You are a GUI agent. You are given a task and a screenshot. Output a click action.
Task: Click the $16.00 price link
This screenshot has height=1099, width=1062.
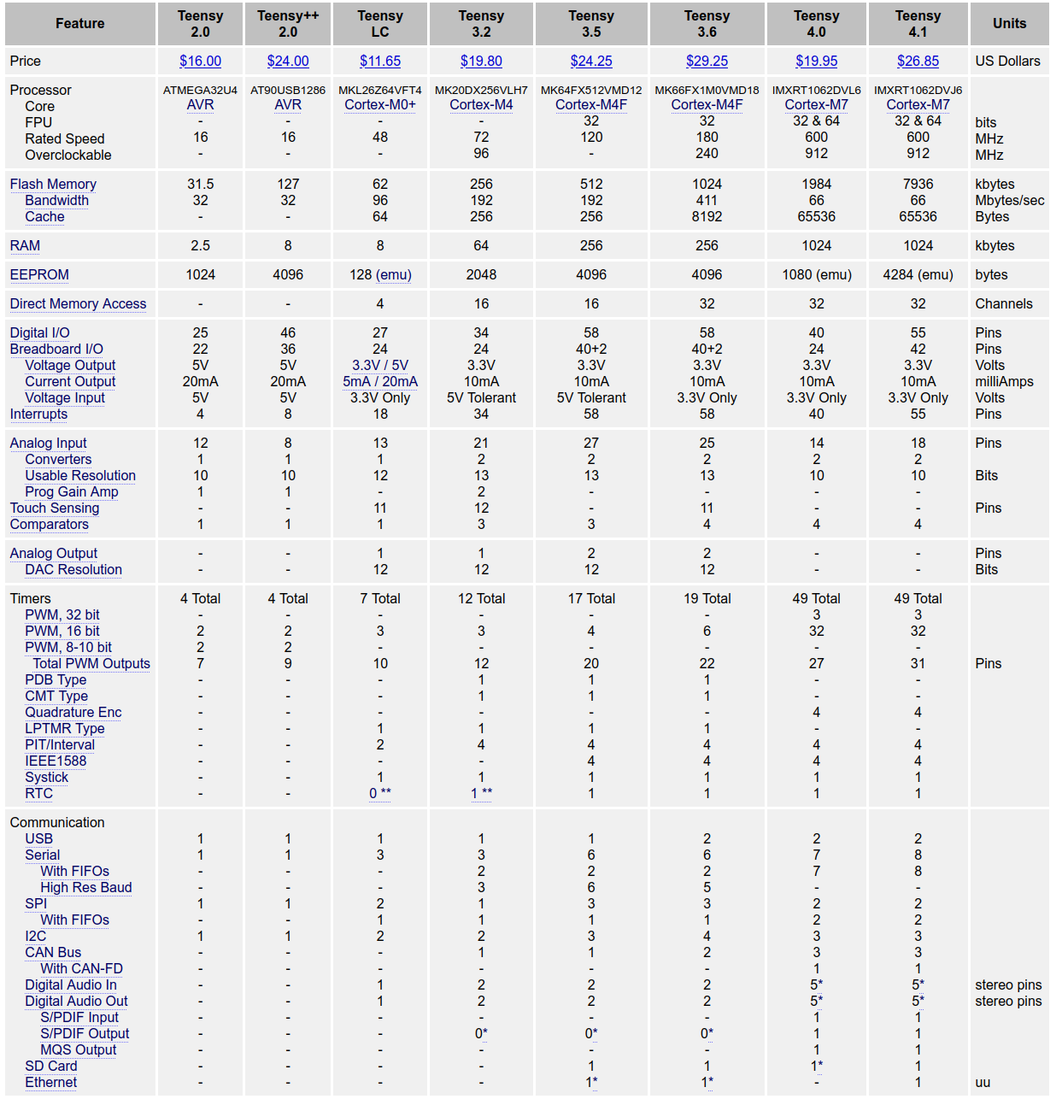click(x=200, y=61)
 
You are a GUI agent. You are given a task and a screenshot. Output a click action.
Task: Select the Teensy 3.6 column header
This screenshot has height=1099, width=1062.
click(x=707, y=24)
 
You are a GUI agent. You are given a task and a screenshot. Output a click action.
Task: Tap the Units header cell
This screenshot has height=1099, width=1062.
click(x=1009, y=24)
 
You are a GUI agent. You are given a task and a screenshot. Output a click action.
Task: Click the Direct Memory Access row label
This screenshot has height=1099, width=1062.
click(x=78, y=303)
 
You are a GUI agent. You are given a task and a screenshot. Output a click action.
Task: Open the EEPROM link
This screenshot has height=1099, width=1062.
click(x=39, y=274)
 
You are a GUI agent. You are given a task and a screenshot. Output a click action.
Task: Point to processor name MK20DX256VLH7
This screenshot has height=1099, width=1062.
click(x=481, y=90)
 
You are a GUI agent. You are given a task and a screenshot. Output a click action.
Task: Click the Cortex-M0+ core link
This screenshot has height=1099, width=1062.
click(x=380, y=105)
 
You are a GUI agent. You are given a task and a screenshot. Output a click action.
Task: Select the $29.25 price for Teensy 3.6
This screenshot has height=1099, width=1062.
click(x=707, y=61)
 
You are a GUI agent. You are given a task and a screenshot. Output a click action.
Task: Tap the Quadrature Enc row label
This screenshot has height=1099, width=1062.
click(x=73, y=712)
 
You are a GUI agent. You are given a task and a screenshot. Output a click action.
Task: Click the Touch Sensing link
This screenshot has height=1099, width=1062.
click(x=55, y=508)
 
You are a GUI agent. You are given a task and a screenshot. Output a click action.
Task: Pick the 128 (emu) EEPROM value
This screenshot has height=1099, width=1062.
click(x=380, y=274)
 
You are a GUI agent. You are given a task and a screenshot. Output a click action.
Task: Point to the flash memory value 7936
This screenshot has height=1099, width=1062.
click(x=918, y=184)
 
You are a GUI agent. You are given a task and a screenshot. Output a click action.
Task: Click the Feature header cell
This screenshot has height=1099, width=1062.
click(x=80, y=24)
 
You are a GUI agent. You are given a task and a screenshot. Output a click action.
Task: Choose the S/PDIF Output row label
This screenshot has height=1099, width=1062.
click(x=85, y=1033)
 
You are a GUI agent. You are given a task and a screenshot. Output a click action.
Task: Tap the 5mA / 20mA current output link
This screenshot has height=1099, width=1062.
click(x=380, y=381)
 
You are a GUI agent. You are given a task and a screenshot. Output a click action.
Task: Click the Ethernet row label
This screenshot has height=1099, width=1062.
click(x=51, y=1082)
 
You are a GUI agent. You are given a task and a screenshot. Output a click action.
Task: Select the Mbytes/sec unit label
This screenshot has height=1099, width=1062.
click(x=1009, y=200)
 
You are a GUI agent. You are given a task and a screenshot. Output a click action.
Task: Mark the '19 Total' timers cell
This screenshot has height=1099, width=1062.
click(x=707, y=598)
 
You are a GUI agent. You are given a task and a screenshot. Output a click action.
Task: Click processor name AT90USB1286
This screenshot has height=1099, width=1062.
click(x=288, y=90)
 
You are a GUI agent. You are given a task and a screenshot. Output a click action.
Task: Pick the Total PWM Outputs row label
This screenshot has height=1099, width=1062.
click(x=91, y=663)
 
